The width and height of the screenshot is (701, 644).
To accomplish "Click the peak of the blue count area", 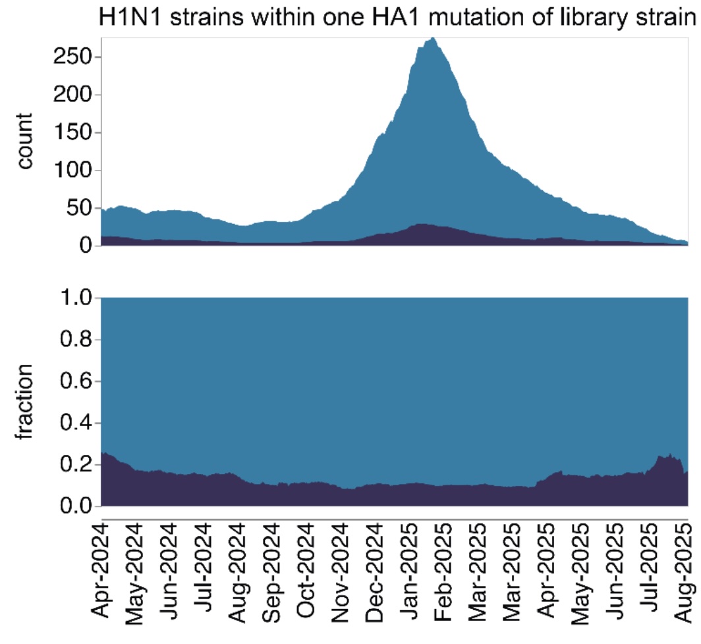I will (x=432, y=40).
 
